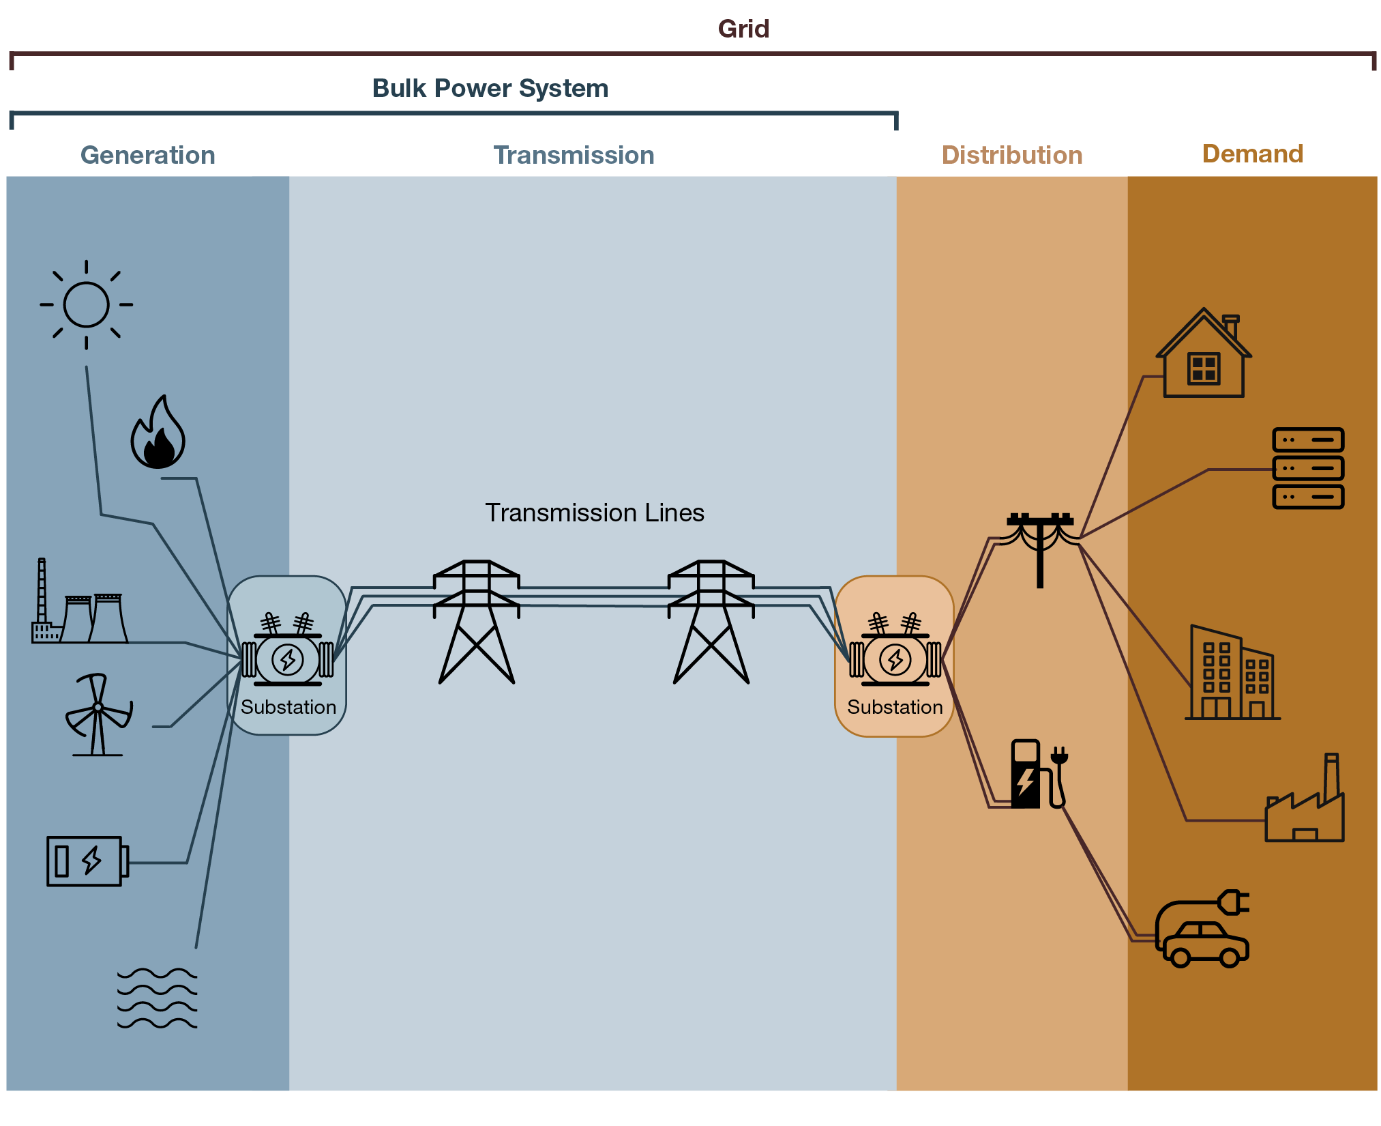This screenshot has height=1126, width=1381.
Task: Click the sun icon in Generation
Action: [86, 304]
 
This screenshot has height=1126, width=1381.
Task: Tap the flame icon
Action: [158, 434]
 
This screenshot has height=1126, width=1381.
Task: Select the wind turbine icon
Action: [98, 714]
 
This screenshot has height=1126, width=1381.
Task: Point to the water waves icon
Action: [157, 998]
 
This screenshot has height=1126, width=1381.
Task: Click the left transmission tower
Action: [477, 621]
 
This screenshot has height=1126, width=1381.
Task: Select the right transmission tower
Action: [711, 621]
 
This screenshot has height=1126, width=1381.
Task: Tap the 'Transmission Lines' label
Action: [594, 513]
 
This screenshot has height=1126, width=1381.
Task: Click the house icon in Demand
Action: [1204, 355]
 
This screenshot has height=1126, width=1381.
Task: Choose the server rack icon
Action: [1307, 468]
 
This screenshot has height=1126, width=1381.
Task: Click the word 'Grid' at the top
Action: [743, 29]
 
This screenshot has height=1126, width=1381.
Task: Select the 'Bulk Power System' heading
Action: [490, 89]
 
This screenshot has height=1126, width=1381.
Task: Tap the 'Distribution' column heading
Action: [1011, 156]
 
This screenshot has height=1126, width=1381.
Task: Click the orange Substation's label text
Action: [895, 707]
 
